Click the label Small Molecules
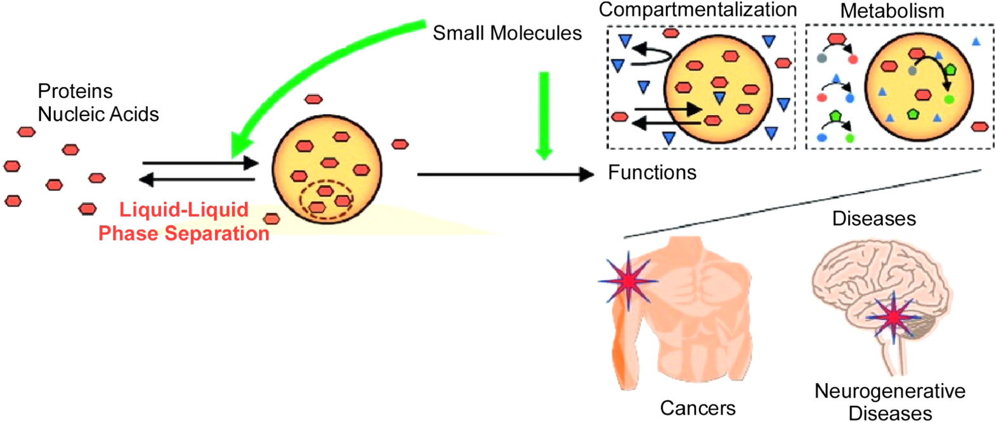pyautogui.click(x=506, y=33)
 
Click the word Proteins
pyautogui.click(x=75, y=91)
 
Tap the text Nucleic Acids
pyautogui.click(x=98, y=114)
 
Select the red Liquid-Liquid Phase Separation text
pyautogui.click(x=184, y=222)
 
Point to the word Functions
pyautogui.click(x=652, y=173)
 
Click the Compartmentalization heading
pyautogui.click(x=697, y=10)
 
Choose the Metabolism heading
pyautogui.click(x=891, y=11)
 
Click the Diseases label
pyautogui.click(x=874, y=218)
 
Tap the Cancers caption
pyautogui.click(x=697, y=408)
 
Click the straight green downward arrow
pyautogui.click(x=544, y=114)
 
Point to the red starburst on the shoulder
pyautogui.click(x=628, y=280)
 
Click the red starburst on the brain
pyautogui.click(x=893, y=316)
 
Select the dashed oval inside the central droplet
pyautogui.click(x=326, y=201)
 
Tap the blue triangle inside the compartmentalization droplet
pyautogui.click(x=719, y=97)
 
